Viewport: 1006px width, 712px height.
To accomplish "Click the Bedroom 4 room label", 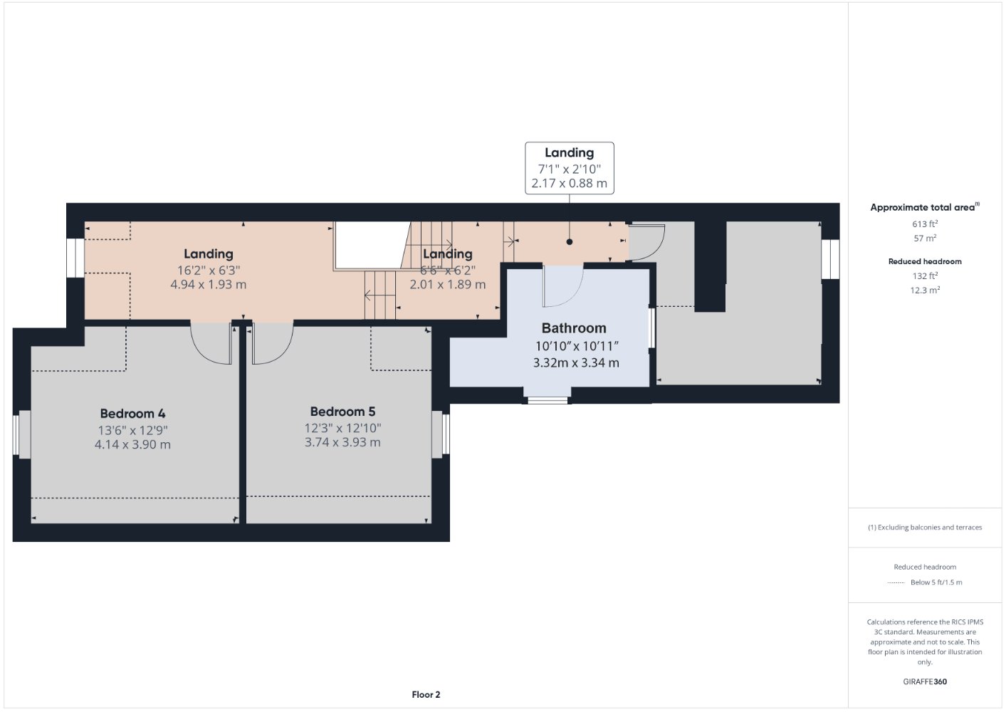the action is tap(132, 413).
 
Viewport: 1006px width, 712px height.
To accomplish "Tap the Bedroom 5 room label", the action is tap(342, 412).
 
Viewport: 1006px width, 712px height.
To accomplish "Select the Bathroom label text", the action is tap(574, 328).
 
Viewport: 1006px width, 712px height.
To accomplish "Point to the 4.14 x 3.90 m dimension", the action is tap(132, 445).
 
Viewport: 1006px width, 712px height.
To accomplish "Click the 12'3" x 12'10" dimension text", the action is tap(342, 428).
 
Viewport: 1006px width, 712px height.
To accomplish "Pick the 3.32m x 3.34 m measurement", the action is tap(576, 362).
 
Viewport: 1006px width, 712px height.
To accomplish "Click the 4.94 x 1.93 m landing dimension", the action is tap(209, 284).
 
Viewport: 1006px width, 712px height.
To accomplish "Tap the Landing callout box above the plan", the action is tap(570, 168).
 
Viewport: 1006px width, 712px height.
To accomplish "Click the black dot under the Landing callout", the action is tap(570, 241).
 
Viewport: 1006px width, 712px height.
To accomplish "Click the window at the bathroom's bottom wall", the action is tap(547, 400).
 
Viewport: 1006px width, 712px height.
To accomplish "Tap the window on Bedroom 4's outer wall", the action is tap(16, 434).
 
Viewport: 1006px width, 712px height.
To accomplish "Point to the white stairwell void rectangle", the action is tap(372, 245).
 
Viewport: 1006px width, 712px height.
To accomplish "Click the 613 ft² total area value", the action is tap(925, 224).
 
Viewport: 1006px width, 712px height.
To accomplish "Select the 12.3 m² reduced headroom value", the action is tap(925, 290).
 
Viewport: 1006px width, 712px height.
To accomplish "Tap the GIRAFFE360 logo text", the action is tap(925, 681).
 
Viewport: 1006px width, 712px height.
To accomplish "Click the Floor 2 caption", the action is tap(426, 694).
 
